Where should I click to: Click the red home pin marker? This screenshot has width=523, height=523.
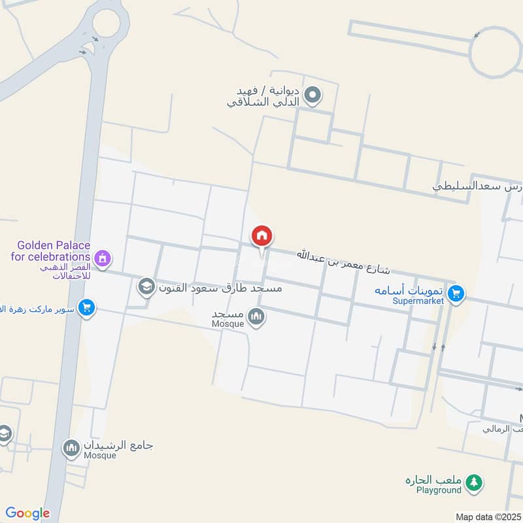point(261,236)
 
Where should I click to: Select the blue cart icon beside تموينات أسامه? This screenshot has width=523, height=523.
point(456,295)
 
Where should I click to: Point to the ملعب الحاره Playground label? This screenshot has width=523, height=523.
point(433,484)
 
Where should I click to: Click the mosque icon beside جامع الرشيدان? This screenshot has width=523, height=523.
point(71,448)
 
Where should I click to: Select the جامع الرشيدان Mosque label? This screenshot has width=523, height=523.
point(118,449)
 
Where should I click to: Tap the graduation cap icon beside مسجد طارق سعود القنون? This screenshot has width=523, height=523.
point(146,286)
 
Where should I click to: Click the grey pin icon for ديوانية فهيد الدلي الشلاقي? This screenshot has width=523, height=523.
point(314,96)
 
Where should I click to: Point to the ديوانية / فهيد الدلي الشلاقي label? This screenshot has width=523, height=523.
point(268,96)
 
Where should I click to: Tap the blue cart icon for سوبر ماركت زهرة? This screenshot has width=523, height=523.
point(86,307)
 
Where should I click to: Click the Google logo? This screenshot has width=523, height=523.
point(27,513)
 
